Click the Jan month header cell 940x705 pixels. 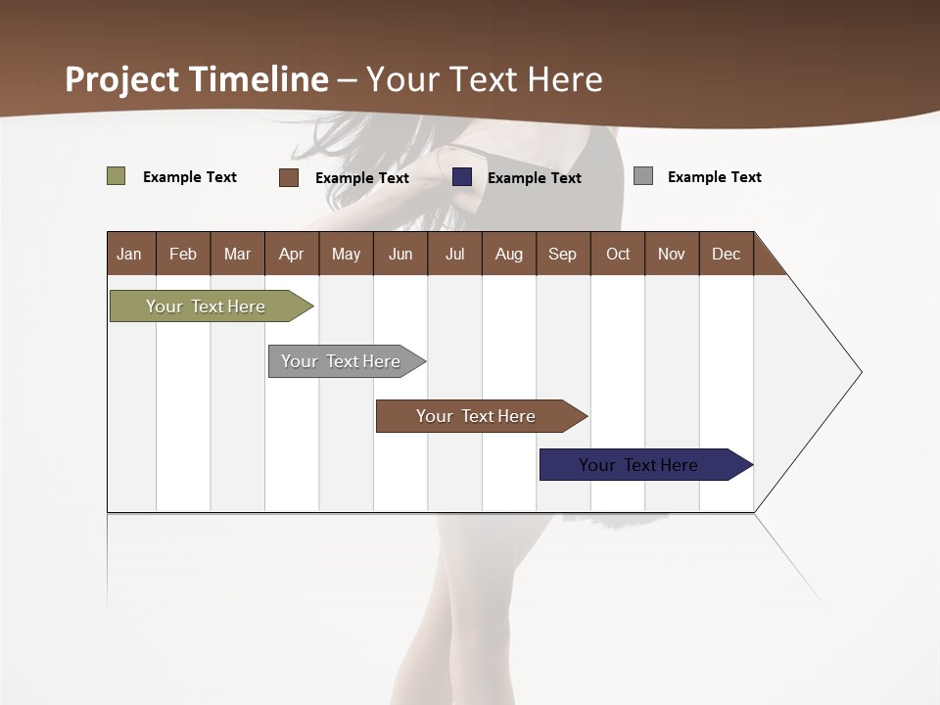(130, 254)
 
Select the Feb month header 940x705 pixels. (183, 254)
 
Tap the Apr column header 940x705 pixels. (292, 254)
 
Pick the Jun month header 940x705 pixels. (400, 254)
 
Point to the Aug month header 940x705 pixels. (509, 254)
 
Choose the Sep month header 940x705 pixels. (563, 254)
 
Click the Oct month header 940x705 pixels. (618, 254)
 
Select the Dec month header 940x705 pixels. (727, 254)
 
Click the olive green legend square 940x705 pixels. (117, 176)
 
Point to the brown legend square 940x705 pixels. (289, 177)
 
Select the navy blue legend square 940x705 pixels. (462, 177)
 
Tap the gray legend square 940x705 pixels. (643, 176)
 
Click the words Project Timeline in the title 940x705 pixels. (197, 79)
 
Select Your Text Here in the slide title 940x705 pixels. (485, 79)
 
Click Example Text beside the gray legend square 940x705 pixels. (714, 177)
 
